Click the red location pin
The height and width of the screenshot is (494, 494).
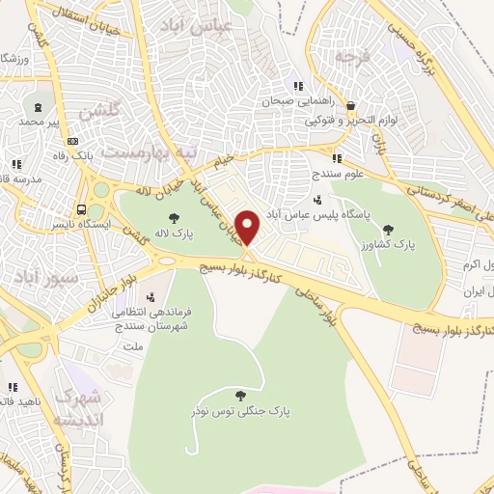(248, 228)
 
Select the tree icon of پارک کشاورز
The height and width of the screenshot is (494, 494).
(388, 230)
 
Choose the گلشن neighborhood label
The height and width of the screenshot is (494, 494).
(99, 111)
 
